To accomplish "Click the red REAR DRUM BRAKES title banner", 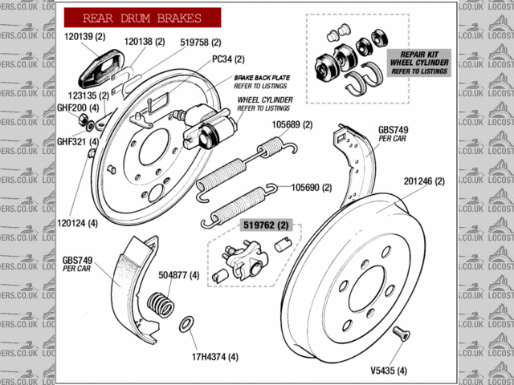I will tap(142, 18).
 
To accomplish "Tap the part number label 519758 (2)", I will tap(200, 42).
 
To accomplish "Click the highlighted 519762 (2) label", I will tap(265, 226).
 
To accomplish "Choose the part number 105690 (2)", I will tap(311, 187).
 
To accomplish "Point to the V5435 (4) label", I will tap(389, 371).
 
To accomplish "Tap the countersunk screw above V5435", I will tap(401, 334).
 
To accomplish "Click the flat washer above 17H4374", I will tap(186, 325).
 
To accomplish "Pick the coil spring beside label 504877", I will tap(161, 304).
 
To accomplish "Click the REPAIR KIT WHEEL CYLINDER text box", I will tap(418, 62).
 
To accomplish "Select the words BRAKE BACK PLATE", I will tap(261, 77).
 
